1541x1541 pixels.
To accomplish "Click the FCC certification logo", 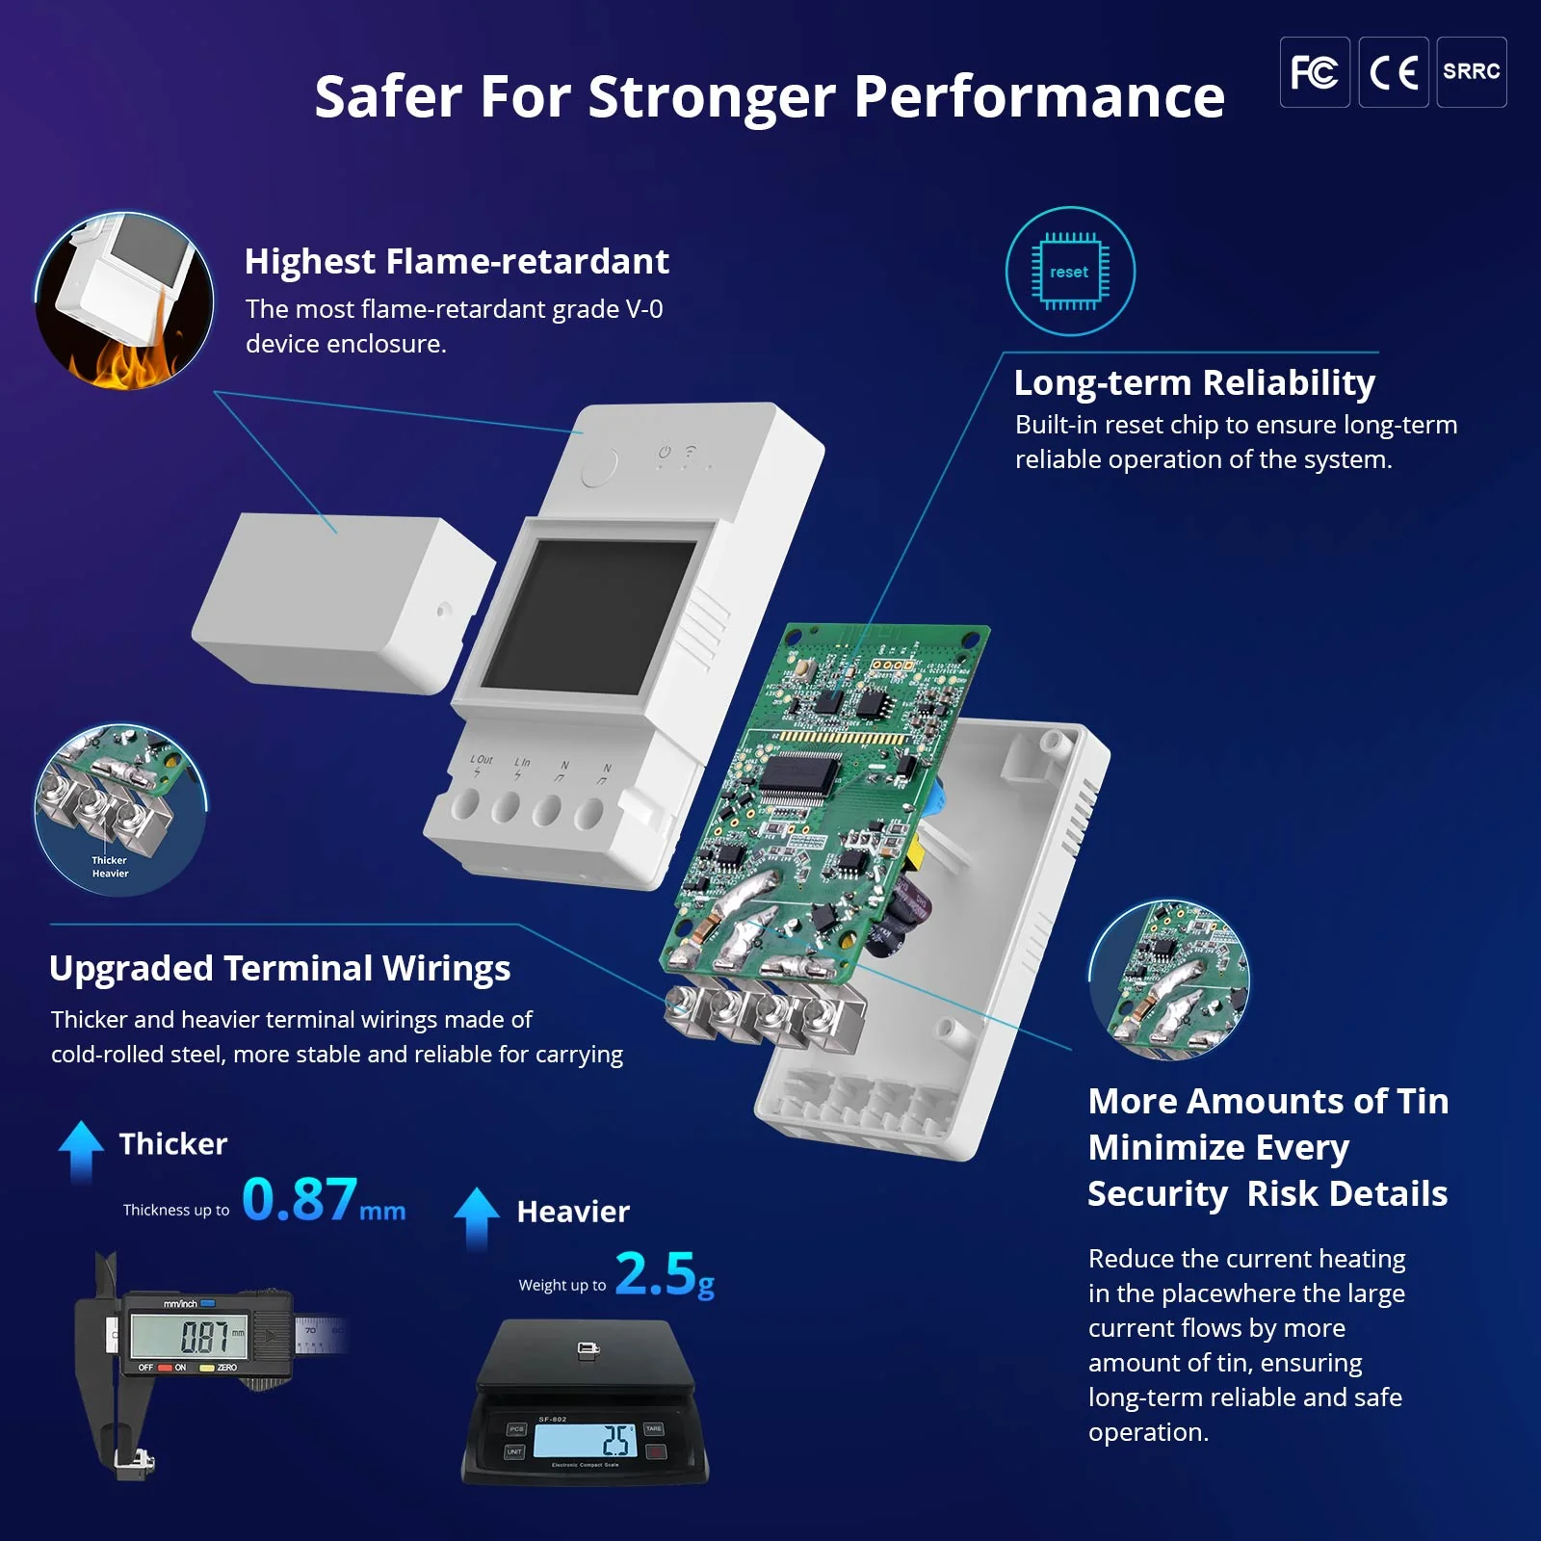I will pyautogui.click(x=1314, y=72).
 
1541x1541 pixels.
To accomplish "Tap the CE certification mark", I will pyautogui.click(x=1393, y=72).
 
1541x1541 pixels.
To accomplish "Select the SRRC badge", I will pyautogui.click(x=1471, y=72).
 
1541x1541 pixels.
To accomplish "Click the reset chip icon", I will pyautogui.click(x=1070, y=272).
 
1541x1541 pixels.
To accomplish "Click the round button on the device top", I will pyautogui.click(x=599, y=468).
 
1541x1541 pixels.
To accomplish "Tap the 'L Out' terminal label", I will pyautogui.click(x=481, y=760).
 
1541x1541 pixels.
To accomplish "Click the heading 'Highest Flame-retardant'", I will pyautogui.click(x=457, y=261).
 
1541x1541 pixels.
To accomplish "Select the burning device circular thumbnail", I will pyautogui.click(x=124, y=301).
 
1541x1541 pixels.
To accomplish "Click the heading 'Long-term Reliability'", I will pyautogui.click(x=1194, y=382).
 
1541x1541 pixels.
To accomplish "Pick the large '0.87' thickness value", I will pyautogui.click(x=300, y=1199).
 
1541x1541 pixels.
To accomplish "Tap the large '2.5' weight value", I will pyautogui.click(x=655, y=1273).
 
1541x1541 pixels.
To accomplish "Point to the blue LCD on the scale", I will pyautogui.click(x=585, y=1440).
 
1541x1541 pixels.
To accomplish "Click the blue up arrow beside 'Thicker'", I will pyautogui.click(x=81, y=1150).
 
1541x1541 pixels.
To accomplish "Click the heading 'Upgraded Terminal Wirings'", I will pyautogui.click(x=279, y=968).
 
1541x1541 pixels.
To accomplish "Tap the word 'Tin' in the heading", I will pyautogui.click(x=1423, y=1101).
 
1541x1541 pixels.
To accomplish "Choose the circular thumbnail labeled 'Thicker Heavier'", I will pyautogui.click(x=120, y=810).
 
